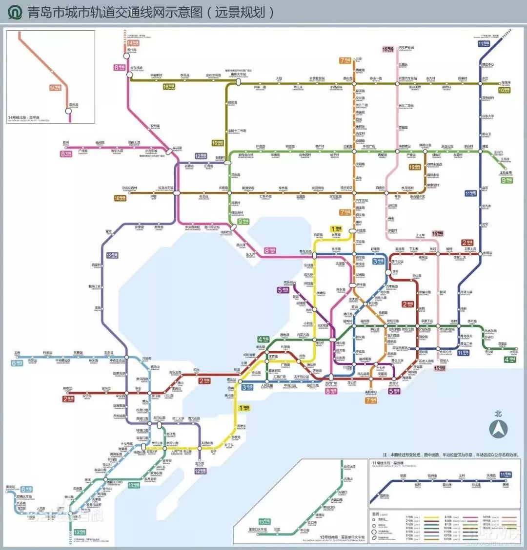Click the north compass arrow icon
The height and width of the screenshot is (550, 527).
coord(498,429)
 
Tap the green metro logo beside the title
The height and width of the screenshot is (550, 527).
coord(15,12)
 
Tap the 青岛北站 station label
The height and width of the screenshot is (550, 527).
coord(305,251)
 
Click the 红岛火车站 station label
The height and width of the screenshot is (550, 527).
coord(164,187)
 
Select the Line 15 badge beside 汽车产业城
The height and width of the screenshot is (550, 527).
coord(388,49)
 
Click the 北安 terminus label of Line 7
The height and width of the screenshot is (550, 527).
coord(359,58)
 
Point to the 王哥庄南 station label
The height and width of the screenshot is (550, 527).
coord(506,172)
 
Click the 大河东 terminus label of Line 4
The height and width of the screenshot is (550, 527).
coord(513,352)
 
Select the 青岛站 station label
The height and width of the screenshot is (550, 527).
coord(231,379)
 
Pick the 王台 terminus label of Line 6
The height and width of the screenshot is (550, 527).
coord(18,352)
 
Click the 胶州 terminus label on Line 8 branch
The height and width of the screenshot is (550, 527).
coord(66,143)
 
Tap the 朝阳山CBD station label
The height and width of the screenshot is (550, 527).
coord(113,482)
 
